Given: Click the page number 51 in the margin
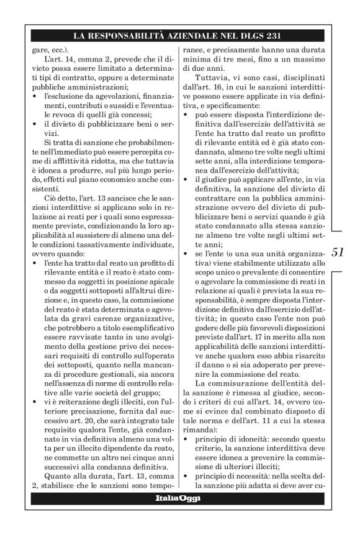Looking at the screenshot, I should pos(338,252).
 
